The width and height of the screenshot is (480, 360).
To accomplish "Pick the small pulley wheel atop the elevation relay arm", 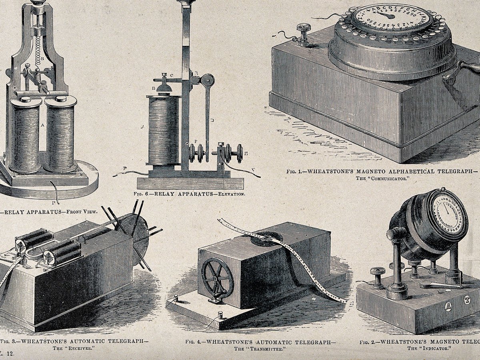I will (x=207, y=80).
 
